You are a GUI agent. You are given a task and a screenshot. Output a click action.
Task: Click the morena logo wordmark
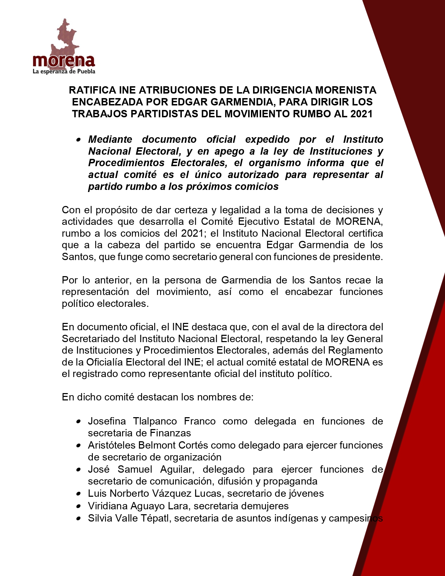(x=64, y=61)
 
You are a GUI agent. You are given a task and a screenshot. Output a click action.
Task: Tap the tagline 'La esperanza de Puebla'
(x=64, y=72)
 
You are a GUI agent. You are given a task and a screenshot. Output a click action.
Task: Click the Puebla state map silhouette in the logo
(x=65, y=37)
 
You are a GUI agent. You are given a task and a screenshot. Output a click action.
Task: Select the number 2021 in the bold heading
(x=361, y=114)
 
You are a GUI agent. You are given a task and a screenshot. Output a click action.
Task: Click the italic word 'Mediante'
(x=110, y=139)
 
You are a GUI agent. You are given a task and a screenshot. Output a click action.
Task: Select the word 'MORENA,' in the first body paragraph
(x=359, y=221)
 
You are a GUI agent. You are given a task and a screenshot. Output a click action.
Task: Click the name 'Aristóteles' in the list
(x=112, y=445)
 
